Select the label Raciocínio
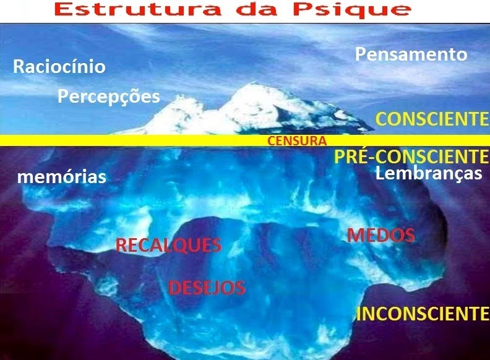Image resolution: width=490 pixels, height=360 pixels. tap(59, 67)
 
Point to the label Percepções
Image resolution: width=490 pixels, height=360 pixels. tap(108, 96)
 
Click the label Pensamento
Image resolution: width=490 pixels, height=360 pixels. tap(411, 54)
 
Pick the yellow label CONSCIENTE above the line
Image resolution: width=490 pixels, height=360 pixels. tap(432, 119)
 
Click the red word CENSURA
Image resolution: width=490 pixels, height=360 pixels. tap(297, 141)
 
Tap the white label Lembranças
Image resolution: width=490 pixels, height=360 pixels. tap(429, 173)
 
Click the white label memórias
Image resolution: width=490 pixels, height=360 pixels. tap(62, 177)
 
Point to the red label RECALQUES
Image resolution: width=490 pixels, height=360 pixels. tap(169, 246)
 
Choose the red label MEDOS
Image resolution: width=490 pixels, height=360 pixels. tap(380, 235)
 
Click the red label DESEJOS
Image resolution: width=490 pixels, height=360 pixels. tap(207, 288)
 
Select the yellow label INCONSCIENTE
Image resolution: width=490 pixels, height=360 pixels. tap(423, 314)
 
